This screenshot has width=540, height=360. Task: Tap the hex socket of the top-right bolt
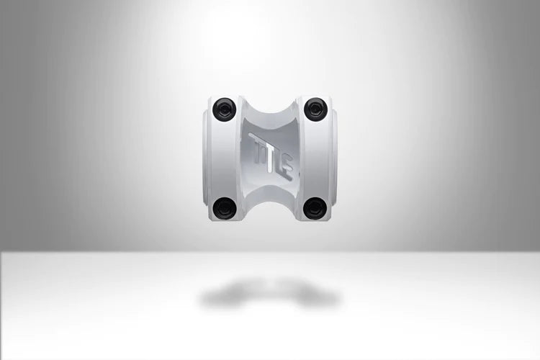(315, 109)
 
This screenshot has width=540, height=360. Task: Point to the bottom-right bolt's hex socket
(315, 207)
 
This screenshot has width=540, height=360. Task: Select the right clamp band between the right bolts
(317, 158)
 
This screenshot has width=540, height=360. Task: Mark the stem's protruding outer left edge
(204, 158)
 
